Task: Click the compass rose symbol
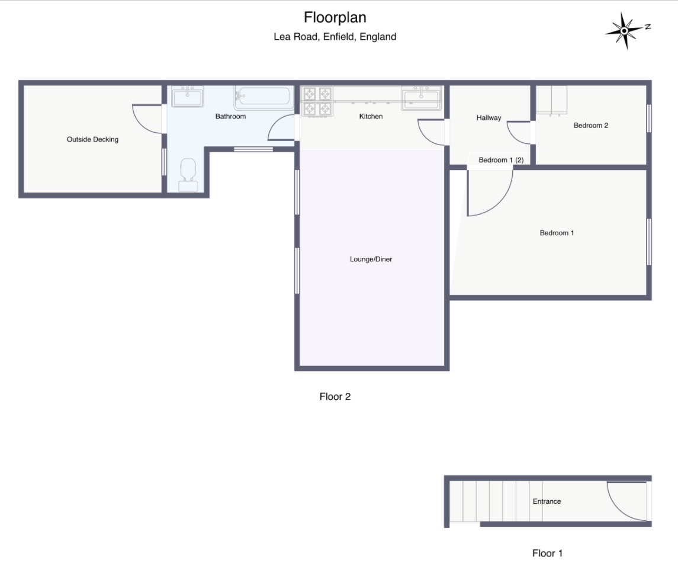[624, 31]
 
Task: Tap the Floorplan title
[335, 18]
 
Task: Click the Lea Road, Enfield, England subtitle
[335, 37]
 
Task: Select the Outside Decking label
[92, 139]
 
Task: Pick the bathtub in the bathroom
[263, 97]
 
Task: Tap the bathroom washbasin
[187, 97]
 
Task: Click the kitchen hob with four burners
[317, 102]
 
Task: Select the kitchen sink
[421, 98]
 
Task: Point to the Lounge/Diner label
[371, 259]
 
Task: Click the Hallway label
[489, 118]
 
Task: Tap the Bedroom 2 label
[590, 126]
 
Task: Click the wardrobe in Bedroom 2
[551, 100]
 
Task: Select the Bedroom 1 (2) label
[501, 160]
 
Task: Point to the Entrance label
[547, 501]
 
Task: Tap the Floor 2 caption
[335, 397]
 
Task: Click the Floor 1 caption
[547, 554]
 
